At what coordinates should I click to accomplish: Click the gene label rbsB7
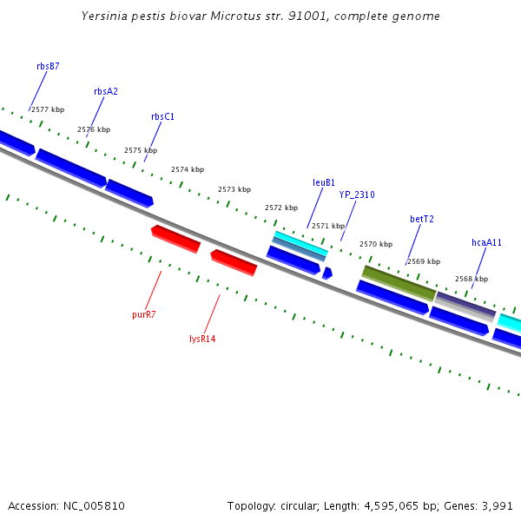tap(48, 66)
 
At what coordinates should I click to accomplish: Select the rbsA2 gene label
tap(106, 91)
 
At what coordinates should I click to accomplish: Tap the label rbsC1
tap(162, 116)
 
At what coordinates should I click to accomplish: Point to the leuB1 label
tap(324, 183)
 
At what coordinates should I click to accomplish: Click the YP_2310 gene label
tap(357, 195)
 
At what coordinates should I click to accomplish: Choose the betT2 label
tap(422, 219)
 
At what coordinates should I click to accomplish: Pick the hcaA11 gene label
tap(486, 243)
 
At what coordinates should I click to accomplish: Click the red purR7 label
tap(144, 314)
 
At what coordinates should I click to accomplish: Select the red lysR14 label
tap(202, 339)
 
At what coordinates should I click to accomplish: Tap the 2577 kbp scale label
tap(47, 110)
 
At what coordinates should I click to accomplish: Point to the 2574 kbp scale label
tap(188, 170)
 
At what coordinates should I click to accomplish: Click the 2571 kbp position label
tap(328, 226)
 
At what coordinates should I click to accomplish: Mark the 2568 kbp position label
tap(472, 280)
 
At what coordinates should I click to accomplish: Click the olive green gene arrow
tap(399, 283)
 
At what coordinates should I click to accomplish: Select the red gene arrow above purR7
tap(175, 239)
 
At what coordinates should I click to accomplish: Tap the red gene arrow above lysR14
tap(234, 261)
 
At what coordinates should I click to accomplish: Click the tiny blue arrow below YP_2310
tap(327, 273)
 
